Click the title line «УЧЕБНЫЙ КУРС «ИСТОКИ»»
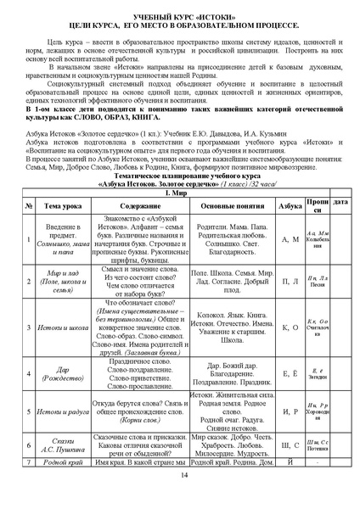180,17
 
